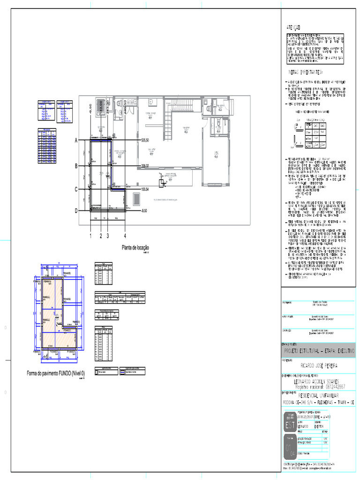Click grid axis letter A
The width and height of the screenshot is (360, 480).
[75, 140]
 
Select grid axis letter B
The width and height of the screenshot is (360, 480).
[75, 166]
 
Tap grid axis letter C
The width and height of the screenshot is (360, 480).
[75, 189]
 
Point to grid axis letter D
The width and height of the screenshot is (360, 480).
[75, 211]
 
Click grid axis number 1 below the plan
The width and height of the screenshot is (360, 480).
[90, 236]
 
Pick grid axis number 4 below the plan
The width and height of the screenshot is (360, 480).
[125, 236]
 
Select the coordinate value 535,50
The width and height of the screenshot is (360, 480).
[145, 140]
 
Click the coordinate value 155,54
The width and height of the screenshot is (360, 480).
[145, 189]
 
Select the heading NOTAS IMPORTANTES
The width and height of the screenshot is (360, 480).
[305, 73]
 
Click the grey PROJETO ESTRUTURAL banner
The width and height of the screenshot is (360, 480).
[319, 351]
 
